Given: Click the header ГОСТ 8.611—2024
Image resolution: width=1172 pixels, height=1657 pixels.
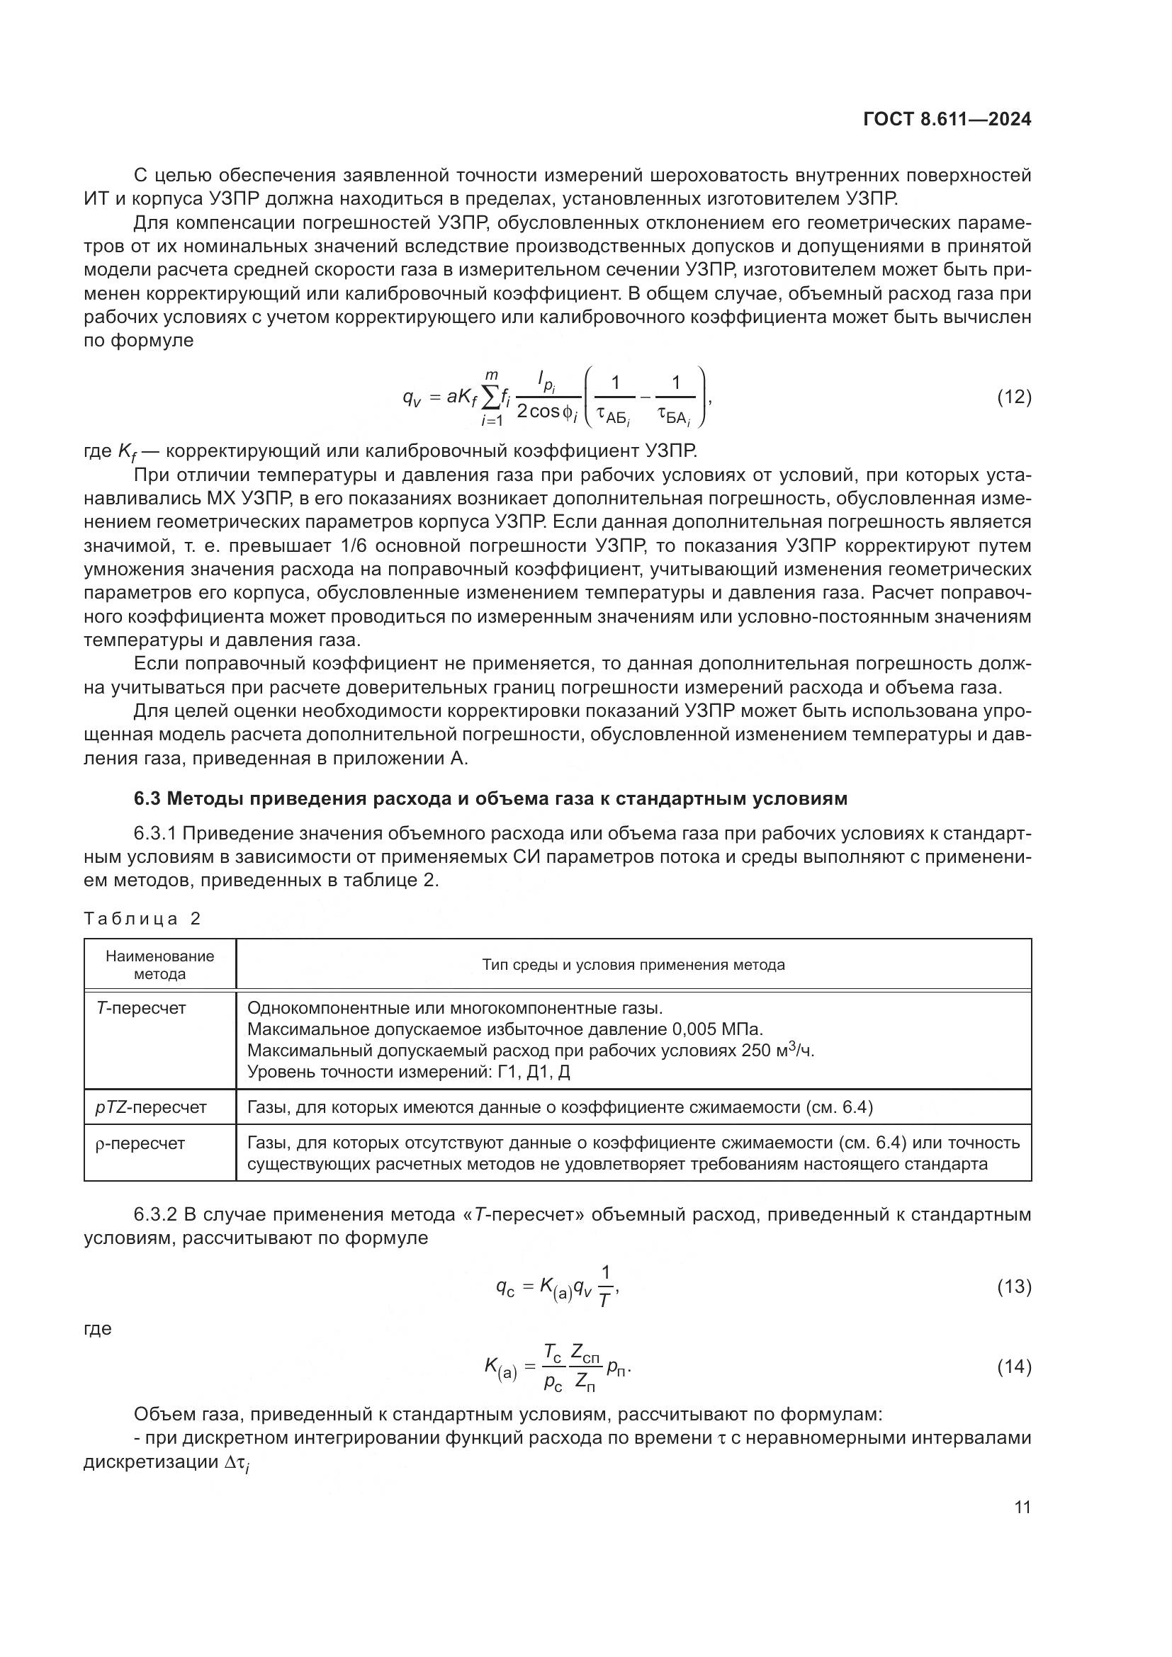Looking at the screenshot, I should tap(946, 120).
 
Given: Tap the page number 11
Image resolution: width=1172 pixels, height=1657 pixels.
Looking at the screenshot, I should tap(1022, 1507).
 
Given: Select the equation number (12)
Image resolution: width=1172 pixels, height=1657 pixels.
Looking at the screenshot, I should tap(1014, 397).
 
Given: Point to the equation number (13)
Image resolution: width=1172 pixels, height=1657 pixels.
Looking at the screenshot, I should tap(1014, 1286).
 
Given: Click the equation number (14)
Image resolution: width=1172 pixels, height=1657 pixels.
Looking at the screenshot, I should tap(1014, 1366).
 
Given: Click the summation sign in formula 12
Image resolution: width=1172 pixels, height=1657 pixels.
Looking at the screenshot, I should tap(491, 397).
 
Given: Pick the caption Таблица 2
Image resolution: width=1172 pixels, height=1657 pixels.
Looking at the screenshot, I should tap(142, 919).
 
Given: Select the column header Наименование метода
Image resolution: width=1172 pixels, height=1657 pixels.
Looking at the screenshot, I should tap(159, 965).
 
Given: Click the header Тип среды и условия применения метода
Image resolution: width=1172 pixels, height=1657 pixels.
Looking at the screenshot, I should tap(633, 965).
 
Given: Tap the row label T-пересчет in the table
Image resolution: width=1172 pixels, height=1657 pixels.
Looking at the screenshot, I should tap(141, 1008).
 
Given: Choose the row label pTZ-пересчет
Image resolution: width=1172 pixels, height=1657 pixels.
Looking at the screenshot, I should tap(151, 1107).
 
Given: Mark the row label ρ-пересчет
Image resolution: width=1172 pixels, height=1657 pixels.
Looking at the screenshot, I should tap(140, 1143).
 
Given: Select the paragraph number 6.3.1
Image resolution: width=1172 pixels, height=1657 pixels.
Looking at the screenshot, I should tap(154, 834).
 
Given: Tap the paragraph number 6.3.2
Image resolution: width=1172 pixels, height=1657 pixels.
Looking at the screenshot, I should tap(154, 1215).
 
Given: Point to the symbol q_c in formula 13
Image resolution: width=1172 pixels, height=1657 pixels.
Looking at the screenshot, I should tap(505, 1286).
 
